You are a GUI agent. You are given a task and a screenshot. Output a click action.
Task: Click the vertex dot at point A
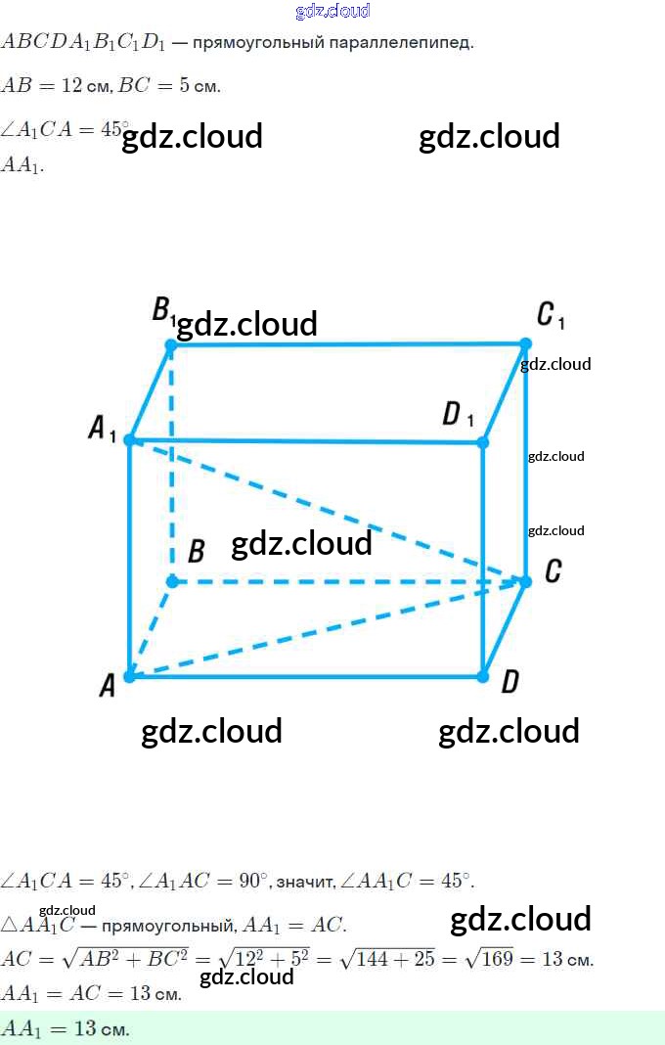point(129,675)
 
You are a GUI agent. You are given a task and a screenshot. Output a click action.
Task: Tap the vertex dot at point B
point(172,581)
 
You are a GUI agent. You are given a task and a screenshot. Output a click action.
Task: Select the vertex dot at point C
point(525,581)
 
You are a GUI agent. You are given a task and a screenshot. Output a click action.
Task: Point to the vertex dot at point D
point(483,675)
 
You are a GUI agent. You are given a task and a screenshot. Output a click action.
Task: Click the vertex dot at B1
point(171,344)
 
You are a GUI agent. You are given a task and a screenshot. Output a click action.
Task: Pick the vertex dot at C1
point(525,343)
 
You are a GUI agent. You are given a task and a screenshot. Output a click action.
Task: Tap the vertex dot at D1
point(483,442)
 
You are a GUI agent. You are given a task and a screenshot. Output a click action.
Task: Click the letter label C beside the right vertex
point(553,571)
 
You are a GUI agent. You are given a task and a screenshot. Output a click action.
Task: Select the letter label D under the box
point(510,682)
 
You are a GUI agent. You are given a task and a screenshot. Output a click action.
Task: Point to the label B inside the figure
point(196,552)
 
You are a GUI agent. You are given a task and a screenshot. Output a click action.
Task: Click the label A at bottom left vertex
point(108,685)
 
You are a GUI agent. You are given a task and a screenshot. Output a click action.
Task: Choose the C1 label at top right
point(551,315)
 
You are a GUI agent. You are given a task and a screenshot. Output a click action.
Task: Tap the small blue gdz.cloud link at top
point(332,11)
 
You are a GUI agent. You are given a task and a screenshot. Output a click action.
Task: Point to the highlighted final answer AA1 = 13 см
point(66,1028)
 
